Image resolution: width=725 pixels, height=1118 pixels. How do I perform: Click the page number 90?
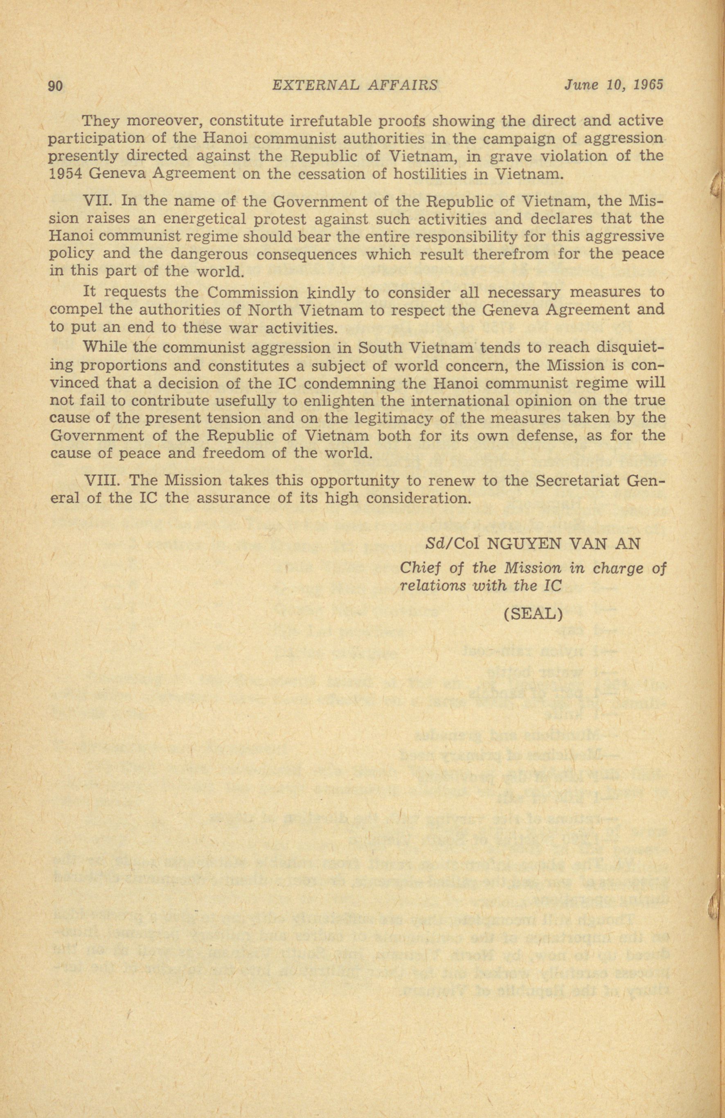[56, 86]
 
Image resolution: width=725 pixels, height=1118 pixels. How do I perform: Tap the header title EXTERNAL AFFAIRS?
[355, 85]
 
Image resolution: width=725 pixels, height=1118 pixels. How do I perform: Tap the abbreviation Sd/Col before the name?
[452, 544]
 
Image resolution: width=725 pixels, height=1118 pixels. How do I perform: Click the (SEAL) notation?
[533, 614]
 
